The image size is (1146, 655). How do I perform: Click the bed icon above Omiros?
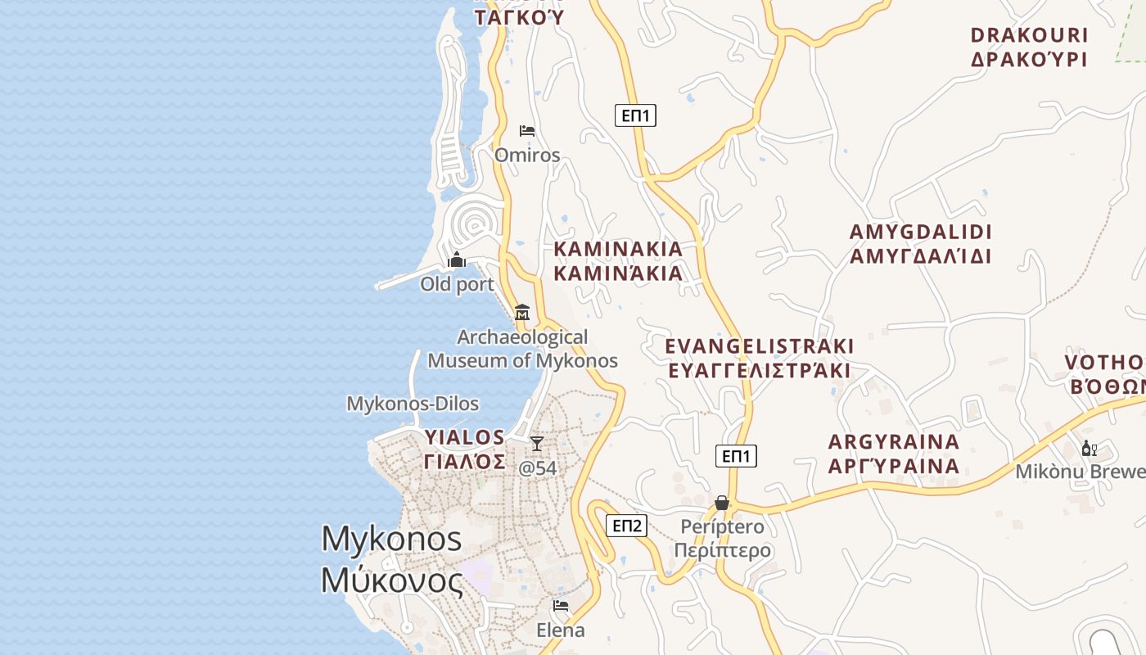tap(527, 131)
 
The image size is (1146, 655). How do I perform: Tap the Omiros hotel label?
tap(527, 155)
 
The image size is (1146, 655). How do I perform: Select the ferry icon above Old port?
tap(457, 260)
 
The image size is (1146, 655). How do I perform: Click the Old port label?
tap(457, 284)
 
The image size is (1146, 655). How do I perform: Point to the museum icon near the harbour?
tap(522, 312)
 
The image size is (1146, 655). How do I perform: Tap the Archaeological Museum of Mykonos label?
tap(522, 349)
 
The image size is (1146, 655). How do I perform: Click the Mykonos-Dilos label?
tap(413, 404)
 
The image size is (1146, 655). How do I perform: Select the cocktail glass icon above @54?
tap(537, 444)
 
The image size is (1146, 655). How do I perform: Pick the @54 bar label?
tap(538, 468)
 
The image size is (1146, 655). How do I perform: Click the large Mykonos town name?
tap(392, 558)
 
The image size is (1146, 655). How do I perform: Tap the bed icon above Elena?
tap(561, 606)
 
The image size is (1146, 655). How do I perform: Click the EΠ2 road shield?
tap(627, 526)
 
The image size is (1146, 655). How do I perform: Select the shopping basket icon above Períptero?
tap(722, 503)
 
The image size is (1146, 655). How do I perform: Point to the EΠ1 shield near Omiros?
tap(635, 115)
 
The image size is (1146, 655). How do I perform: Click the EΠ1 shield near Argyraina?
tap(736, 456)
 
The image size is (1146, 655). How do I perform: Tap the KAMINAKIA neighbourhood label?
tap(618, 260)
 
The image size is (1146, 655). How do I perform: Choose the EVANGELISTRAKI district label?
tap(759, 358)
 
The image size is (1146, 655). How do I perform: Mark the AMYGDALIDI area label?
tap(920, 244)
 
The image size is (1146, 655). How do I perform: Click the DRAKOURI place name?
tap(1029, 47)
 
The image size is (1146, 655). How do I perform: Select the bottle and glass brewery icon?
tap(1089, 448)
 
